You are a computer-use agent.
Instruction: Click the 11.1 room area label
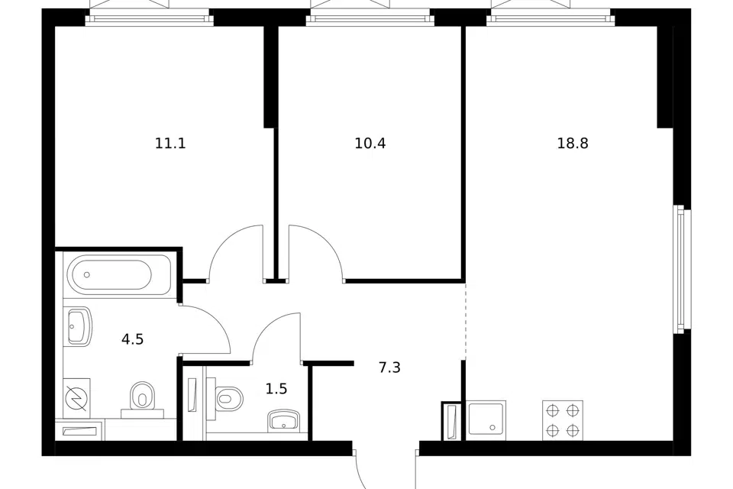170,143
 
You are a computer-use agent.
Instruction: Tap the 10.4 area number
370,143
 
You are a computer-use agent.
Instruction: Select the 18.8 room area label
572,143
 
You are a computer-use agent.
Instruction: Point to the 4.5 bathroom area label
132,339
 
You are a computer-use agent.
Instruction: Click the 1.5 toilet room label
276,389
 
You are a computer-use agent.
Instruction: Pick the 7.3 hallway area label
389,368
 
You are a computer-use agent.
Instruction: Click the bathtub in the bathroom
120,275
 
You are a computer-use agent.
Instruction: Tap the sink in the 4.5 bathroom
78,326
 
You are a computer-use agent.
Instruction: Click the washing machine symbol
76,398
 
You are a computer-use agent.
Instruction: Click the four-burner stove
563,420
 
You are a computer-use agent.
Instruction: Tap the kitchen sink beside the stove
486,421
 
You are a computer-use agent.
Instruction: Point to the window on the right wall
682,269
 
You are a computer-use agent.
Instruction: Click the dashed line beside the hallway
465,321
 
